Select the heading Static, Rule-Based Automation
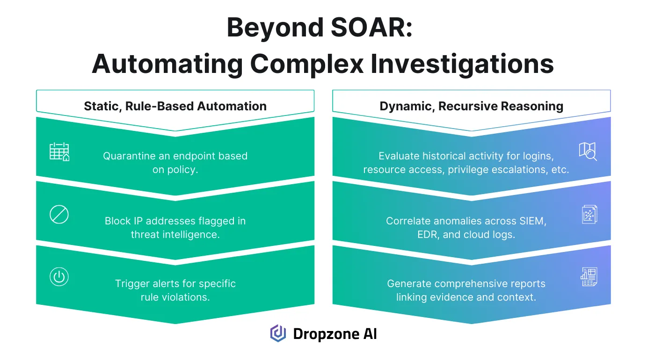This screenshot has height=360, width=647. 175,106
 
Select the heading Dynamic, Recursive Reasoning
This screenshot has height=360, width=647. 471,106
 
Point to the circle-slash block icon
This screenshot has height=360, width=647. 59,215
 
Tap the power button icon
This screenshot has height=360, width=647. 59,277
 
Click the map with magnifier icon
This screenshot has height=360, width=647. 588,151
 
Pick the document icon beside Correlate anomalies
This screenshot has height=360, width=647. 589,215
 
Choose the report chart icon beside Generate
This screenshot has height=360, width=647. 589,277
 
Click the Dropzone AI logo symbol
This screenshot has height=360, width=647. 278,334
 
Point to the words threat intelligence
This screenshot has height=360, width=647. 175,234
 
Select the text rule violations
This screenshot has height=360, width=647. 175,297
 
